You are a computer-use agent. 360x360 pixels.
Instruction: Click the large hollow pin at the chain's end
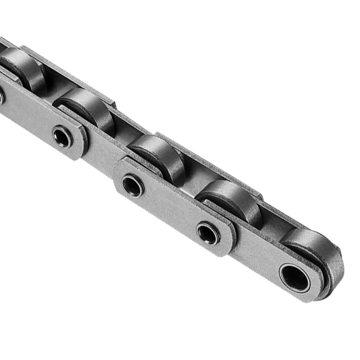point(295,277)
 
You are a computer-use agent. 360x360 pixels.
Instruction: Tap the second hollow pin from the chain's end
point(208,234)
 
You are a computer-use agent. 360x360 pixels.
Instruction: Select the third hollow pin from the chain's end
point(133,185)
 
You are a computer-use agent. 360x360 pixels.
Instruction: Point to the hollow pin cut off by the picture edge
point(1,97)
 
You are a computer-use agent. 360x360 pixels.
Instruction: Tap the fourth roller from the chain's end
point(88,108)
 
